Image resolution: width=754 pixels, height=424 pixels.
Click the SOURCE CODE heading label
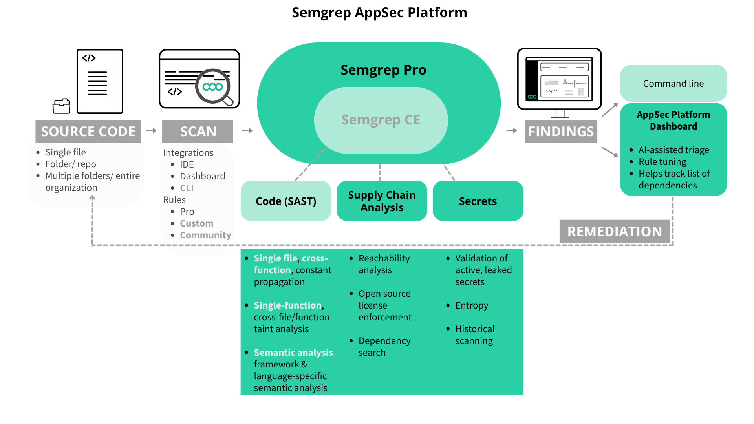coord(88,132)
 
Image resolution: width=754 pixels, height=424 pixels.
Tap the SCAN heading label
coord(198,132)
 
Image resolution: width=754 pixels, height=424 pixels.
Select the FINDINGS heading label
coord(561,132)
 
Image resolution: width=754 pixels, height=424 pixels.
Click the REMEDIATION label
coord(615,232)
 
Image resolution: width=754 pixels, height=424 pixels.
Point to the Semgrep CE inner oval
coord(381,120)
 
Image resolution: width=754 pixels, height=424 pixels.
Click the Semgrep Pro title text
coord(383,70)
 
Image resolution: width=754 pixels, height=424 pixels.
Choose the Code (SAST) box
coord(286,201)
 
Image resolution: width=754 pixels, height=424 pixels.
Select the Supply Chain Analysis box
coord(382,201)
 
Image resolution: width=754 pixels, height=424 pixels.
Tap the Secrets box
coord(478,201)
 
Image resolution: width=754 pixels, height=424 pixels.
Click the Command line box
coord(673,84)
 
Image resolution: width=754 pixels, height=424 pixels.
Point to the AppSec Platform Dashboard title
coord(673,121)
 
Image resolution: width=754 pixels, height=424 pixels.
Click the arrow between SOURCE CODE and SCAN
coord(151,130)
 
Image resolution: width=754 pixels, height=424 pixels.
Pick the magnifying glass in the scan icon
coord(213,87)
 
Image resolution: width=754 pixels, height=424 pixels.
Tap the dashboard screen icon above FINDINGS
coord(559,79)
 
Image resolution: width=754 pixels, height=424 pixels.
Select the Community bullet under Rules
coord(205,235)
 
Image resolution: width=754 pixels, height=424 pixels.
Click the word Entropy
coord(472,305)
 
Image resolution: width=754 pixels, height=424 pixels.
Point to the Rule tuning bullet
coord(662,162)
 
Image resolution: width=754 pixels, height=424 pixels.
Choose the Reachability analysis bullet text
coord(384,264)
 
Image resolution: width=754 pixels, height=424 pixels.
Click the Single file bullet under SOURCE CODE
coord(66,152)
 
